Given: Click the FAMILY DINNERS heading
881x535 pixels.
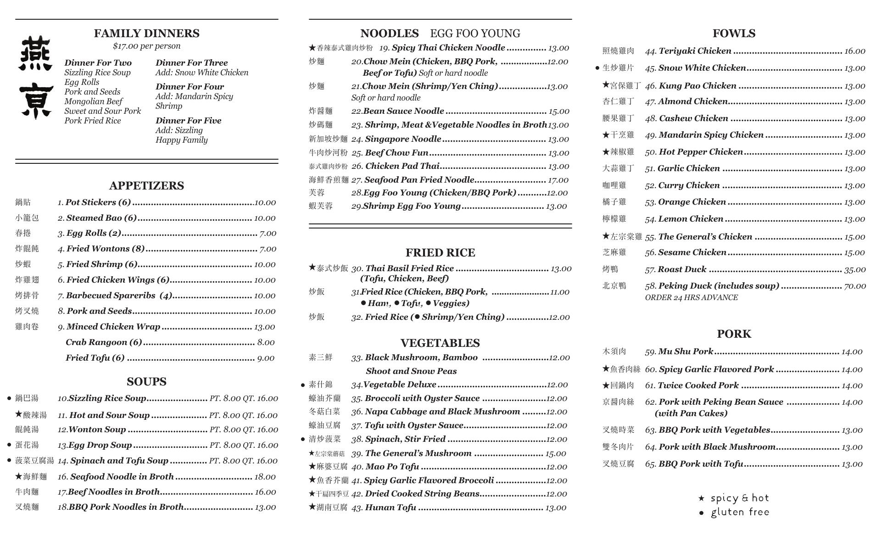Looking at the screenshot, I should [x=146, y=33].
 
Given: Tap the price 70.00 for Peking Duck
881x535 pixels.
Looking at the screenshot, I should [x=855, y=286].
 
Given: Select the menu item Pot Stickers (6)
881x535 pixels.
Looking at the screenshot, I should [x=98, y=202].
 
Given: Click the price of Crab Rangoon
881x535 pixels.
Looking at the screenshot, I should [x=266, y=342].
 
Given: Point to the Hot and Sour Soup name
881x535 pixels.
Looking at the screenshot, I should [x=109, y=415].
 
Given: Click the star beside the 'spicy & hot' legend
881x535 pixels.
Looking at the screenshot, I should [x=701, y=498].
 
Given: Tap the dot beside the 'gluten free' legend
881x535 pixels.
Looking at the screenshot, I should [x=701, y=513].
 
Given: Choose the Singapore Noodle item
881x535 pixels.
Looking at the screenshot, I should [x=402, y=139].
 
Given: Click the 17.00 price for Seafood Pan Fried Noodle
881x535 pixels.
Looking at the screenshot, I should [x=558, y=180].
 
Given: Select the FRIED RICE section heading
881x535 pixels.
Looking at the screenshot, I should [x=440, y=253].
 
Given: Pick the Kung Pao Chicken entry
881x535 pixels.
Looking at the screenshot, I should [x=697, y=86].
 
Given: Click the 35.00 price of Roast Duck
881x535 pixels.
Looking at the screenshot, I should [x=855, y=270].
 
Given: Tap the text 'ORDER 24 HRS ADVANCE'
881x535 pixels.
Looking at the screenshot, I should [x=691, y=298].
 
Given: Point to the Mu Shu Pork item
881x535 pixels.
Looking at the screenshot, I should [x=685, y=351].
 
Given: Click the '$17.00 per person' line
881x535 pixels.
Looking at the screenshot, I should [x=146, y=46].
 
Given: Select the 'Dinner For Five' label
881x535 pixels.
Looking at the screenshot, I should [x=188, y=121].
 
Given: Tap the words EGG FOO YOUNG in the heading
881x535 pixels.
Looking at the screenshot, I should [x=475, y=34].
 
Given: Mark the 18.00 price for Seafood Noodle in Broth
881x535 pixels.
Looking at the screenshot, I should [x=265, y=477].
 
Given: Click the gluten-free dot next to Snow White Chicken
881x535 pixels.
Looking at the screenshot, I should [x=597, y=68].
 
